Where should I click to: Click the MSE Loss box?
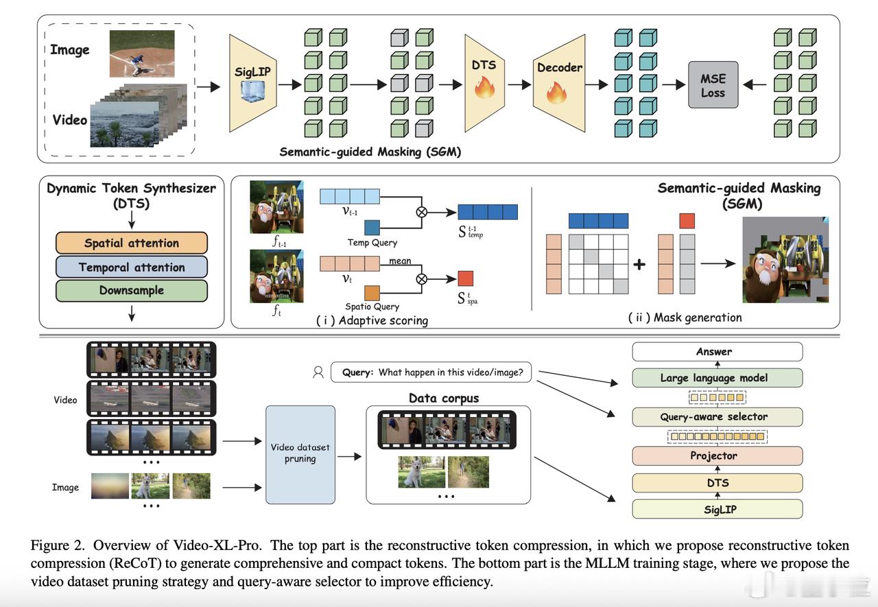tap(713, 84)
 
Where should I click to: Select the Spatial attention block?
tap(132, 243)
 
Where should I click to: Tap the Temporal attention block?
tap(132, 267)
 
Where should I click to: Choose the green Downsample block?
tap(132, 290)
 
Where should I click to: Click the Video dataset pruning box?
tap(300, 455)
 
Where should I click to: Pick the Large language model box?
tap(717, 378)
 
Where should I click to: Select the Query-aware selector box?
tap(717, 416)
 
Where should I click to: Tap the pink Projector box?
tap(717, 455)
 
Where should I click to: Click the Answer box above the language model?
tap(717, 351)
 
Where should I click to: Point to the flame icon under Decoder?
tap(556, 93)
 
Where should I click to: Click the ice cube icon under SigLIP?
tap(252, 91)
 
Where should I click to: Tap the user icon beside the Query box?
tap(318, 372)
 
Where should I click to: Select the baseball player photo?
tap(142, 53)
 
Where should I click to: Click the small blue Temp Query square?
tap(372, 228)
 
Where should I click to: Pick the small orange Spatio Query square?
tap(372, 293)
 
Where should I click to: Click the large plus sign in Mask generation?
tap(639, 264)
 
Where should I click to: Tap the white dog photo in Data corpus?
tap(421, 472)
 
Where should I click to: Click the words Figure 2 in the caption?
tap(57, 545)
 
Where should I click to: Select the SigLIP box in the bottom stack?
tap(717, 509)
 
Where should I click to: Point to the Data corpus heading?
tap(444, 398)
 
